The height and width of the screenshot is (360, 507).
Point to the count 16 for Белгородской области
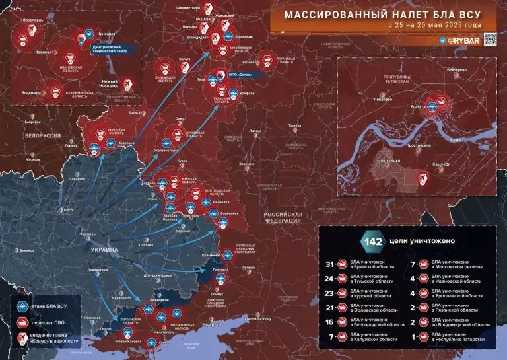[x=333, y=323]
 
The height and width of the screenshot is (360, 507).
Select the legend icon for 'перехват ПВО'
[x=21, y=323]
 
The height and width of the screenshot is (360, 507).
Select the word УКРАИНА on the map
[x=104, y=250]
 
